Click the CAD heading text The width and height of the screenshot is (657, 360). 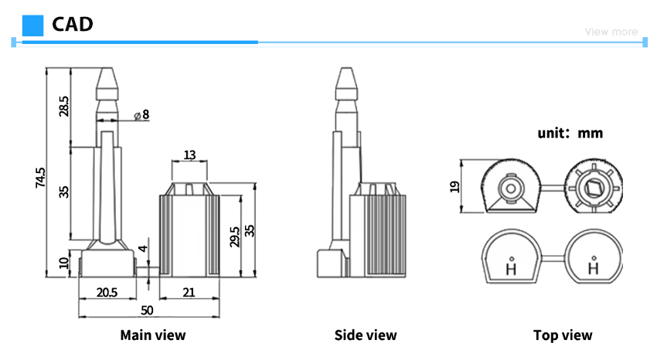click(73, 24)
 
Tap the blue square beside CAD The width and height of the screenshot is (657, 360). click(32, 25)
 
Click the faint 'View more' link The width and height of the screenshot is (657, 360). click(611, 32)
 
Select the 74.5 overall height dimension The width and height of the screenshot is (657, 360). click(40, 178)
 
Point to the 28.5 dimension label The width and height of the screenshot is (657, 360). click(63, 106)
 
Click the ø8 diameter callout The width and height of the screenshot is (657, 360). click(141, 114)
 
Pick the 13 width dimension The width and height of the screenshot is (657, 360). click(189, 155)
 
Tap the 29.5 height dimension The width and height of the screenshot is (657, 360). click(235, 236)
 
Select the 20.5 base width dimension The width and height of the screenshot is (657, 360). click(107, 292)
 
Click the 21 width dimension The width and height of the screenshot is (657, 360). click(189, 292)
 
